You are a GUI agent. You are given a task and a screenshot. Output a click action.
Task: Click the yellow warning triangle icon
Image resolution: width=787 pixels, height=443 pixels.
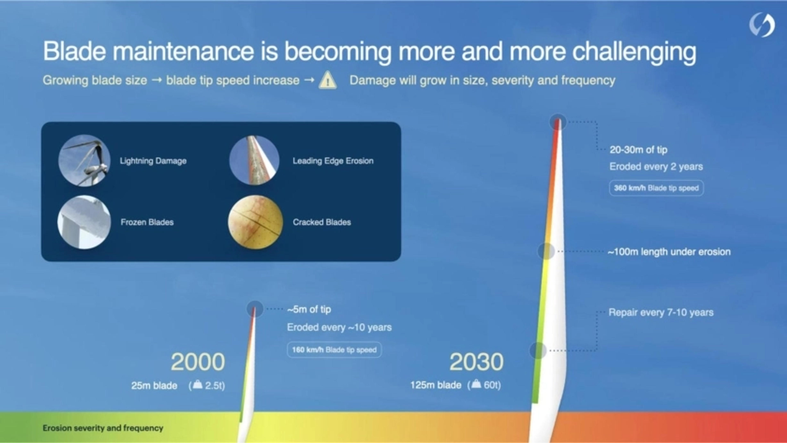point(328,80)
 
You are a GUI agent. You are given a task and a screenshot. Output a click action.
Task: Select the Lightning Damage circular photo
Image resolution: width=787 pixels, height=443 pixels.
point(84,160)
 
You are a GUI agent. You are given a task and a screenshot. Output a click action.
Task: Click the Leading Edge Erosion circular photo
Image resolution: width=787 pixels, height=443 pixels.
point(254,160)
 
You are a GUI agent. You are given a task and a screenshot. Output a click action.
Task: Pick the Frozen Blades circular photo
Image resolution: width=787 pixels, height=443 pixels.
point(84,222)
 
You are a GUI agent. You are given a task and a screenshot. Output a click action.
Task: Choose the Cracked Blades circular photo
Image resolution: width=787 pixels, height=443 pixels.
point(255,222)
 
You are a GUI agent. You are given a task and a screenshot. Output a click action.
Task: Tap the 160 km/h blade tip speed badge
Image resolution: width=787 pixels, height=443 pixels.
point(334,350)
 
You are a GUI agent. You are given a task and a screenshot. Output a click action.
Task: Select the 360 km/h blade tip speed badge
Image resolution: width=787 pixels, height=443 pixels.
point(656,188)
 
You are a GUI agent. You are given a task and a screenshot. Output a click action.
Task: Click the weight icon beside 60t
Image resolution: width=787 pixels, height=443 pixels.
point(476,384)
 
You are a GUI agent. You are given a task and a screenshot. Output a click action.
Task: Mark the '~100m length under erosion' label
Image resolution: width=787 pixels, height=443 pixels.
point(669,252)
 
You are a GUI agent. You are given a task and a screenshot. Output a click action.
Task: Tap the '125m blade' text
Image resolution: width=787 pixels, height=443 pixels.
point(436,385)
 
